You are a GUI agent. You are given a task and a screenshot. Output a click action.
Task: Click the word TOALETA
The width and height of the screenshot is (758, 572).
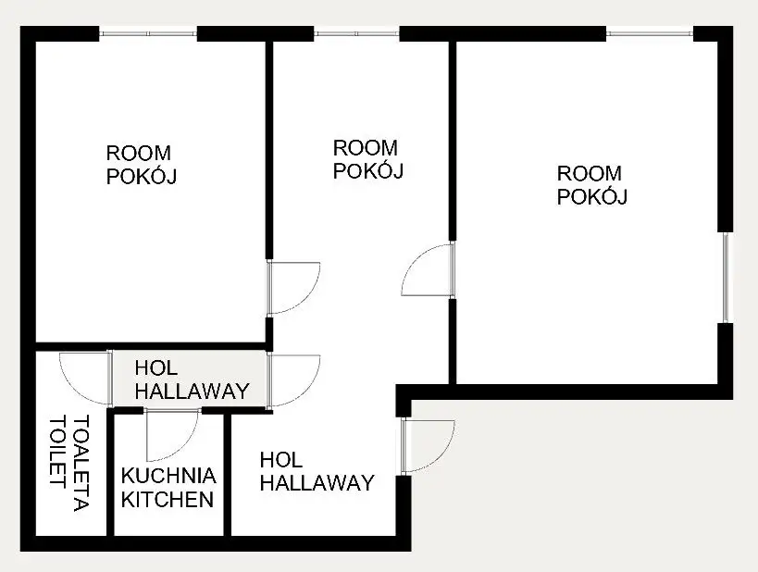81,463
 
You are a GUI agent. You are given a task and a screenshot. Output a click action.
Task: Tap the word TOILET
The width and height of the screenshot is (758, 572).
57,452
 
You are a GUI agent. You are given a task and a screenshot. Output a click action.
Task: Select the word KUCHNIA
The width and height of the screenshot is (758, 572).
168,476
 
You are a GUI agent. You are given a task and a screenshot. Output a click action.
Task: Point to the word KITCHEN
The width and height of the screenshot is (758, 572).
168,500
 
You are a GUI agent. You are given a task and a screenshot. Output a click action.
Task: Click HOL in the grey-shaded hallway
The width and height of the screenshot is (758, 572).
155,368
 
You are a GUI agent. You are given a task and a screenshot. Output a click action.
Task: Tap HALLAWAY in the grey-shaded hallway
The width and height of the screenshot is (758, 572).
192,392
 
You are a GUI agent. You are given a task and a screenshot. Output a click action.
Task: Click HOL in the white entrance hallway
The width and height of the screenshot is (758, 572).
280,460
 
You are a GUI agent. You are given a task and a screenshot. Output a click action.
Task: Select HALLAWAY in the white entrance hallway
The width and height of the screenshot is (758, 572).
317,483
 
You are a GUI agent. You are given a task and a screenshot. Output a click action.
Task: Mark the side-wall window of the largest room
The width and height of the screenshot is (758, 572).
725,278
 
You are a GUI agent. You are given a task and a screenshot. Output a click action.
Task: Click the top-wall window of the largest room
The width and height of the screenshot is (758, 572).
649,33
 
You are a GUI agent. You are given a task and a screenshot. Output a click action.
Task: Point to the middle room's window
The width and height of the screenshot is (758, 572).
356,33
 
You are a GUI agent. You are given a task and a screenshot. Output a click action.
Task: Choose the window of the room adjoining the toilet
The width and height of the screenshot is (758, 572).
148,33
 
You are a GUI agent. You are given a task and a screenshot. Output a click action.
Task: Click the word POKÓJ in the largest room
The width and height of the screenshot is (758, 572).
592,197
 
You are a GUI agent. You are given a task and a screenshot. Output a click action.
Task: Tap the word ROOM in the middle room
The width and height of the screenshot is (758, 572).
366,148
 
